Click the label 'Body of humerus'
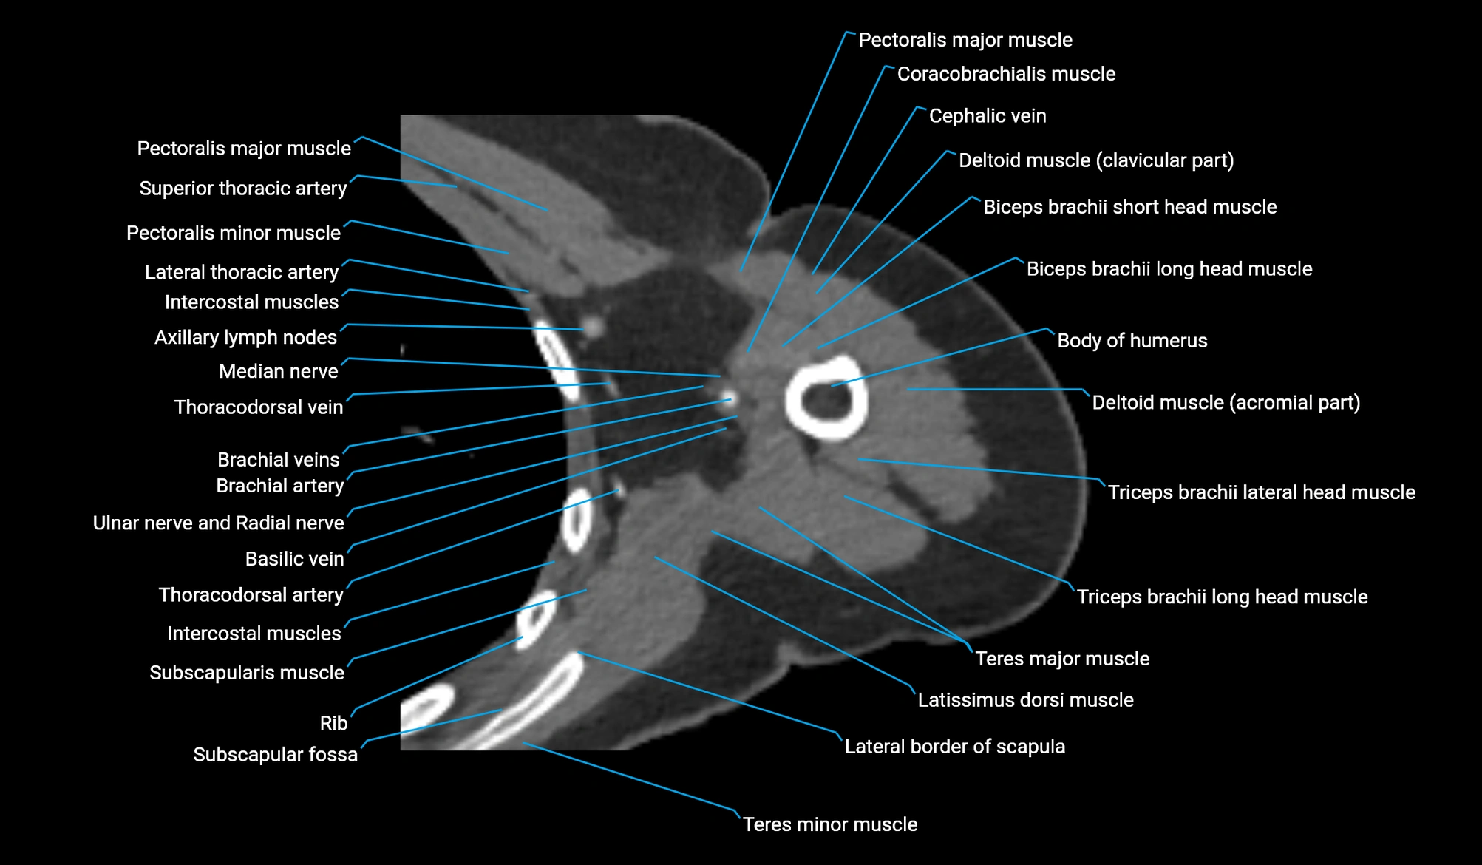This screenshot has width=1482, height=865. (1132, 341)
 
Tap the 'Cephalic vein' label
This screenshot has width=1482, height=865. (987, 116)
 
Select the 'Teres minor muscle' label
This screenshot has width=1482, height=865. (829, 824)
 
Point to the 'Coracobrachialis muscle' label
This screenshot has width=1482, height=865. (1006, 74)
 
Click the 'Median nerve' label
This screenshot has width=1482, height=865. (278, 371)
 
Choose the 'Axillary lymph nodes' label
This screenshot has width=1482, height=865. (245, 337)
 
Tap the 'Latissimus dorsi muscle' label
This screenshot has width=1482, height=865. (1025, 700)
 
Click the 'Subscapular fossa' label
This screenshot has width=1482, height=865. (275, 755)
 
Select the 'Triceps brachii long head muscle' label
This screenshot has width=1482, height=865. (1222, 597)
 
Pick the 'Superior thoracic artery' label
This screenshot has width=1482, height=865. (242, 189)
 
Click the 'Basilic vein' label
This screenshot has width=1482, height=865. (294, 559)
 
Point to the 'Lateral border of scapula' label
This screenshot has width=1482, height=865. (954, 747)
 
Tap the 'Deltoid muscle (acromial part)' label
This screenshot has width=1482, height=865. (1226, 403)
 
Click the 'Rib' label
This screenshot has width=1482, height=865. (333, 723)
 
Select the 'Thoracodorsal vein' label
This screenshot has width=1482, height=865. (258, 407)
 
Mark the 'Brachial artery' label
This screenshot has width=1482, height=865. (279, 486)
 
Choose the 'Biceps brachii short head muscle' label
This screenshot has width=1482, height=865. (1129, 207)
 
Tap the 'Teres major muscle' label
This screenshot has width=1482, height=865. (1062, 659)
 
